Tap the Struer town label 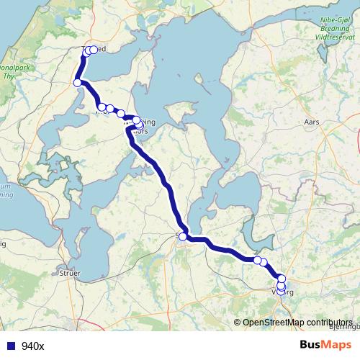point(70,274)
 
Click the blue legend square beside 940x point(10,346)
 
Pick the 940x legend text point(33,346)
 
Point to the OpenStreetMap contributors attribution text point(297,322)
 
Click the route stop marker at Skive point(183,236)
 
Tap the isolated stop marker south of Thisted point(77,83)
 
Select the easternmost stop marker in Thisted point(94,50)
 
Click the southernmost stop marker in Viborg point(281,292)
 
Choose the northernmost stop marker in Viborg point(282,278)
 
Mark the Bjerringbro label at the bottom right point(343,325)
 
